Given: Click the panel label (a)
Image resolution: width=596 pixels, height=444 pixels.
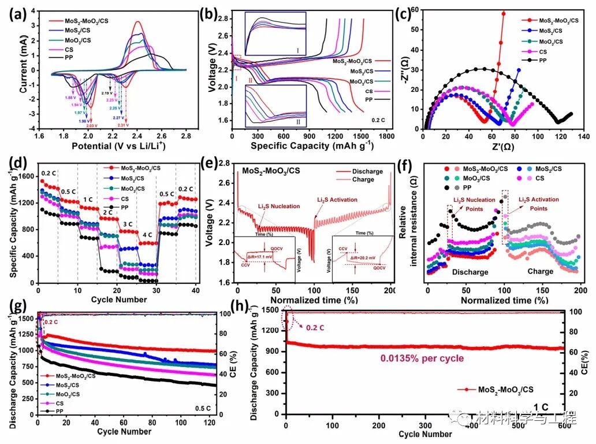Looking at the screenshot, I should click(x=16, y=12).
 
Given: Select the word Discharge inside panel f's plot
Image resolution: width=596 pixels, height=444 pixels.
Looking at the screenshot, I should click(x=455, y=271).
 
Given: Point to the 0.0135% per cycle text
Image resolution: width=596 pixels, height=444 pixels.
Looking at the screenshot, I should click(x=422, y=358).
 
